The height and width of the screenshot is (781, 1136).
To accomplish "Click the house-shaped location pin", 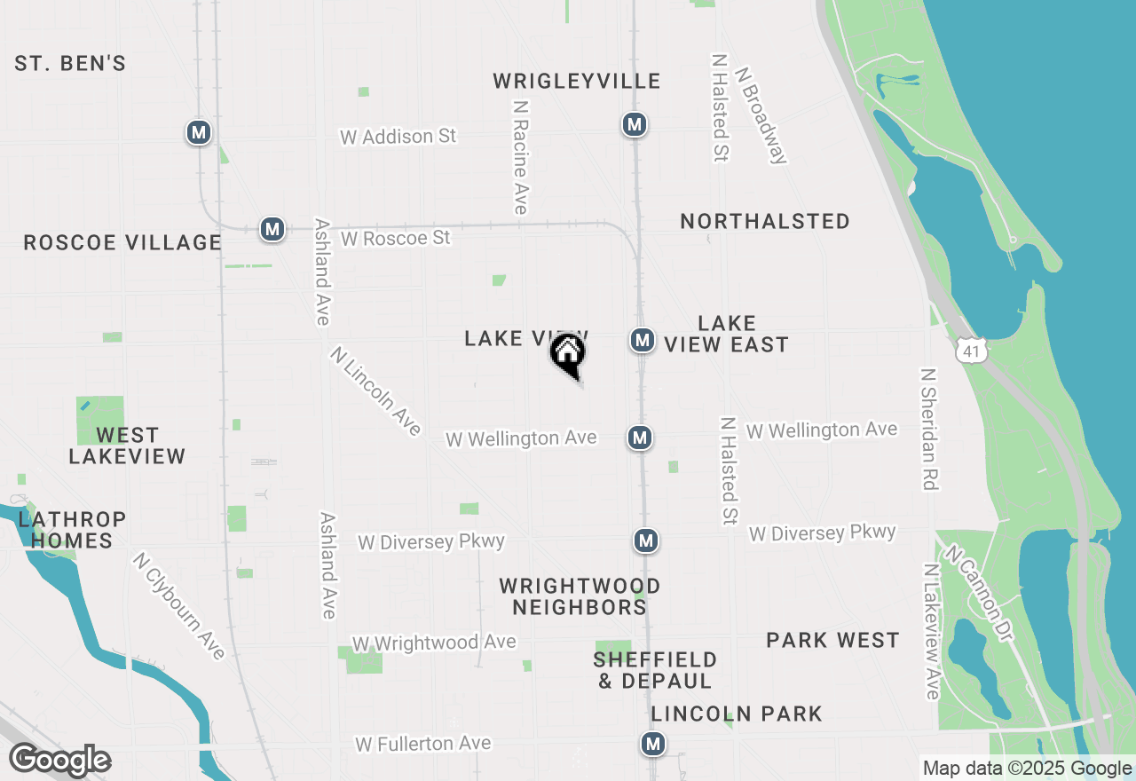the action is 568,355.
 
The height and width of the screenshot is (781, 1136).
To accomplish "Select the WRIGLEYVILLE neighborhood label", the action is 577,82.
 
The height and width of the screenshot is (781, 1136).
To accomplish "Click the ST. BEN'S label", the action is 70,64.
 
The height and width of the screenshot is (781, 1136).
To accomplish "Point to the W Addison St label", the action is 398,137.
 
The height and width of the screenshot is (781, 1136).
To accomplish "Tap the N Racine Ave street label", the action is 520,156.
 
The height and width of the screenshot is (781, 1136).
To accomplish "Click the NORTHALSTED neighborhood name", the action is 765,221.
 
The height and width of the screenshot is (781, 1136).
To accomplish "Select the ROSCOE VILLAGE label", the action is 122,242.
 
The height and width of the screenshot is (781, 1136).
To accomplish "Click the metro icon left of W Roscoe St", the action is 272,229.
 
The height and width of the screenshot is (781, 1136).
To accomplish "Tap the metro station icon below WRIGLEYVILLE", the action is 634,124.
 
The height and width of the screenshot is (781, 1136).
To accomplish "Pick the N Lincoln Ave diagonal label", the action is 375,390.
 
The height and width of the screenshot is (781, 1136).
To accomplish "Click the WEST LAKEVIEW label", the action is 127,446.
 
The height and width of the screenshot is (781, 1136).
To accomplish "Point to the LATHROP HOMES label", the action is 72,530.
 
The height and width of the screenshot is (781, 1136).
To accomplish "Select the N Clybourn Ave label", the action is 178,605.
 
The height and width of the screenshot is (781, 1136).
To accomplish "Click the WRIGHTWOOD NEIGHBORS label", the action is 580,596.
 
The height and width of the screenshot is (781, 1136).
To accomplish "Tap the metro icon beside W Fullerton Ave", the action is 654,744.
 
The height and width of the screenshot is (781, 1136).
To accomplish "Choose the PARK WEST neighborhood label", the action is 832,640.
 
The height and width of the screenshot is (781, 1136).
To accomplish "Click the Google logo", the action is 60,761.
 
